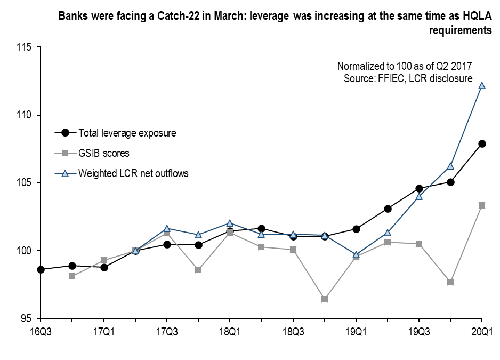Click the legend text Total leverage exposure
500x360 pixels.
(x=127, y=133)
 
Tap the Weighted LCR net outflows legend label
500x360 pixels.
(x=133, y=173)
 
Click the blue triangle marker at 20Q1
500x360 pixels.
(x=482, y=85)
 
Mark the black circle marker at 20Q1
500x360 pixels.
(x=482, y=143)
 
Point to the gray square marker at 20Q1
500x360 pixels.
(x=482, y=205)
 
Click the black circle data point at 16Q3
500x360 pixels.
(x=41, y=269)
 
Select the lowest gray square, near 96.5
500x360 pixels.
(x=325, y=299)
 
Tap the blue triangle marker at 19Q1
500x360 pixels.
(x=356, y=254)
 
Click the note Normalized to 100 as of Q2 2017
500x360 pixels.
(x=405, y=66)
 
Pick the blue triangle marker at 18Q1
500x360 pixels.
(x=230, y=223)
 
